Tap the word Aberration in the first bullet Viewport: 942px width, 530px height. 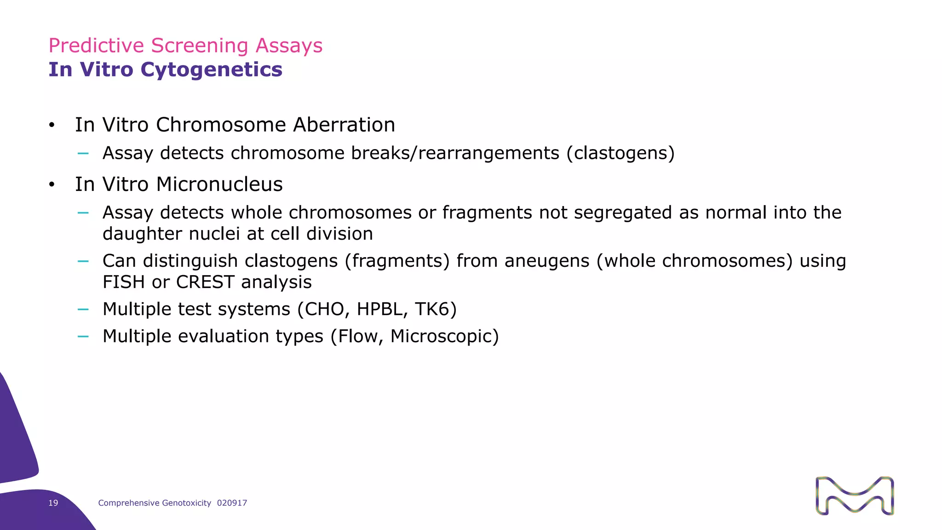344,125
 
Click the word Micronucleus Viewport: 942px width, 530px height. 219,184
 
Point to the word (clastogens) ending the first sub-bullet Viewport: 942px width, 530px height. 620,153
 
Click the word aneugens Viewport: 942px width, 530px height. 547,261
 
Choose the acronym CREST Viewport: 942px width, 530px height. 205,282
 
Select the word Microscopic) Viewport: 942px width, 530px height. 444,336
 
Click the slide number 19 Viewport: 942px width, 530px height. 53,503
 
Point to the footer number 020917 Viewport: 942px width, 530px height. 232,503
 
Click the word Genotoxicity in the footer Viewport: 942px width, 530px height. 186,503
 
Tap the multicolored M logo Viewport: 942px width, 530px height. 855,495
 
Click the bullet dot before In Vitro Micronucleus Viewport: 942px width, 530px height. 52,185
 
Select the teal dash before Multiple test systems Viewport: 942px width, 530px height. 83,309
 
